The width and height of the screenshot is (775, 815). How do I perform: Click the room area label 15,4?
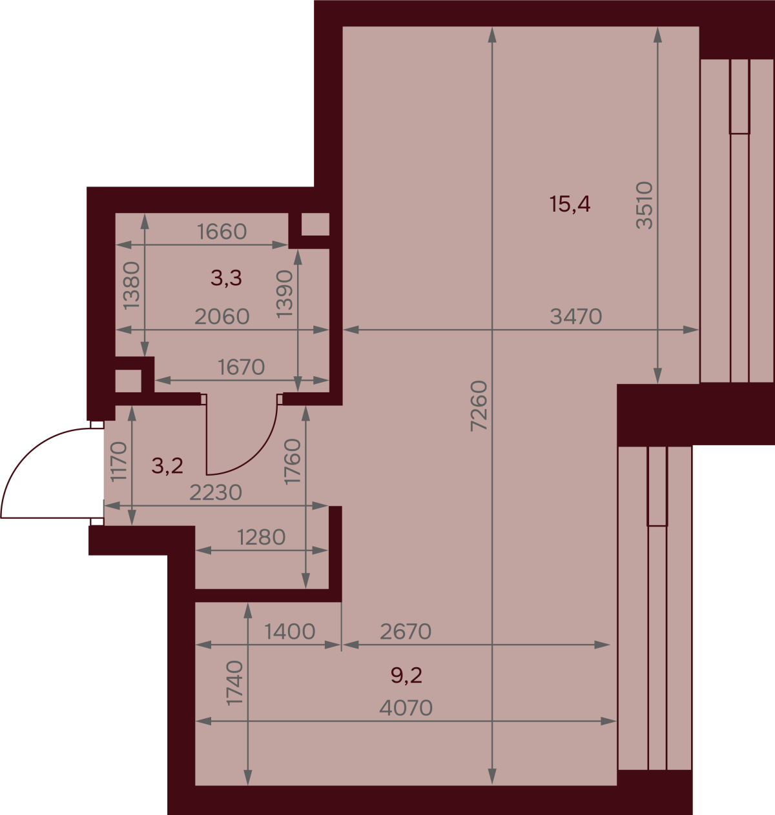pos(570,204)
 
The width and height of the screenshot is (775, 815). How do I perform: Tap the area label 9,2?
pos(406,676)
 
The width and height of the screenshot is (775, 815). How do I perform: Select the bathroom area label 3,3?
pos(226,277)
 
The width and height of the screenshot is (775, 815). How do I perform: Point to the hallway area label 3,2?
pos(167,465)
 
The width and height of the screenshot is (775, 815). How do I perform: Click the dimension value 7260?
pos(479,406)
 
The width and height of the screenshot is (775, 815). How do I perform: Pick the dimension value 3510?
pos(645,205)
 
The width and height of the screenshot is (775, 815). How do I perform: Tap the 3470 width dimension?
pos(576,317)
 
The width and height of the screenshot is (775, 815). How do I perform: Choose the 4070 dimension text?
pos(406,708)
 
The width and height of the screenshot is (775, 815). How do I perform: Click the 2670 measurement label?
pos(406,631)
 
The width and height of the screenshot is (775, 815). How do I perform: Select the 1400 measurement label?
pos(289,631)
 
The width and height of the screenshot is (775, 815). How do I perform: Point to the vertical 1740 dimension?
pos(234,683)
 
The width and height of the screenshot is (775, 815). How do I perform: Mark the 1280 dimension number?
pos(262,538)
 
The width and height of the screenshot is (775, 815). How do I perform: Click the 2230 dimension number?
pos(215,493)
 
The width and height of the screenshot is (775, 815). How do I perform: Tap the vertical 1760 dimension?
pos(293,461)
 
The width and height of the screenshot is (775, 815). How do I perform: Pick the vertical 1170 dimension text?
pos(119,461)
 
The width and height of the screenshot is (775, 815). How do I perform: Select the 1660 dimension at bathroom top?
pos(222,231)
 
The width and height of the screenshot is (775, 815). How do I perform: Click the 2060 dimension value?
pos(222,317)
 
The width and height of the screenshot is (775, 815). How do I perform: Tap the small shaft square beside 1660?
pos(315,225)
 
